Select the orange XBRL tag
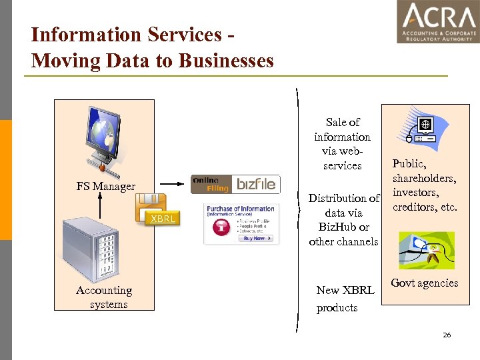(x=162, y=219)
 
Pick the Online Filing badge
(x=211, y=185)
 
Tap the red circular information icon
(x=217, y=227)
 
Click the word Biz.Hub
(x=332, y=227)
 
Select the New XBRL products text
(x=344, y=299)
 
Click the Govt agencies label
(x=424, y=283)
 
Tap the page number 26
(x=447, y=335)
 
